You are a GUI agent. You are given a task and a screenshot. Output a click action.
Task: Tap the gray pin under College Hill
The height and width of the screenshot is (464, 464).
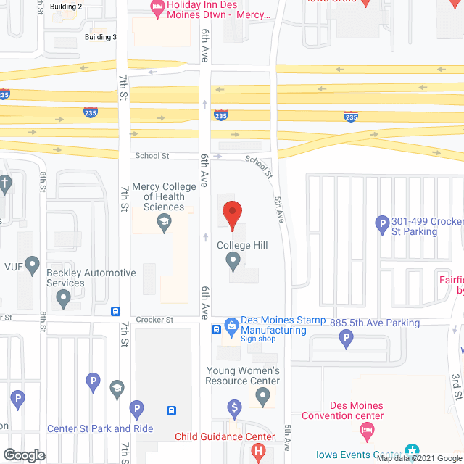point(233,260)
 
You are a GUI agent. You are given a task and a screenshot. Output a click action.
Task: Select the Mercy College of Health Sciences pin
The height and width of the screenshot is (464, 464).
point(164,225)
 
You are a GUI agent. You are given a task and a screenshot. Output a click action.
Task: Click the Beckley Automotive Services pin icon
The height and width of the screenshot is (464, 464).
point(64,298)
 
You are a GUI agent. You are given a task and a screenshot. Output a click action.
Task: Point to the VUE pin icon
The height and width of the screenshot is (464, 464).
point(32,266)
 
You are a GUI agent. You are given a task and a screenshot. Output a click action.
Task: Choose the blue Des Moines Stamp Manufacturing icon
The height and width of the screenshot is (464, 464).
point(231,326)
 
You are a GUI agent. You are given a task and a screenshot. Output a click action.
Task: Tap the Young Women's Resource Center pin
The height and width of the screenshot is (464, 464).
point(263,397)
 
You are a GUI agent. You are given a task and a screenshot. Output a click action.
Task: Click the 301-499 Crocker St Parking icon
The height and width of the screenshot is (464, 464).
point(381,225)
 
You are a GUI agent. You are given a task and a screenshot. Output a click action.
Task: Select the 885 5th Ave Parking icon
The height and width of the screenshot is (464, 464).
point(347,337)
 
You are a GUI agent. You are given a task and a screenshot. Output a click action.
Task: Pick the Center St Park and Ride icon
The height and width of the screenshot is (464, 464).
point(135,410)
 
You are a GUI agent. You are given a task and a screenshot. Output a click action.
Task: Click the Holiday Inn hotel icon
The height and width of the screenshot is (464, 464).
point(157,8)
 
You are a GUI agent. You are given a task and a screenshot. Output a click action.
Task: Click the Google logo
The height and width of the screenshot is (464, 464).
point(23,455)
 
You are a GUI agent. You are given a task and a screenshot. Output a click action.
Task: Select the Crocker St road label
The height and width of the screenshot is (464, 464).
point(154,319)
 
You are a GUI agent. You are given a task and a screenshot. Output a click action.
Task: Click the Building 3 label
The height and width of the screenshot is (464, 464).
point(100,36)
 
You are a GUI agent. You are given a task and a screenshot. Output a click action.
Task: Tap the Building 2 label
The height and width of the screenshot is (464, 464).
point(67,6)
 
